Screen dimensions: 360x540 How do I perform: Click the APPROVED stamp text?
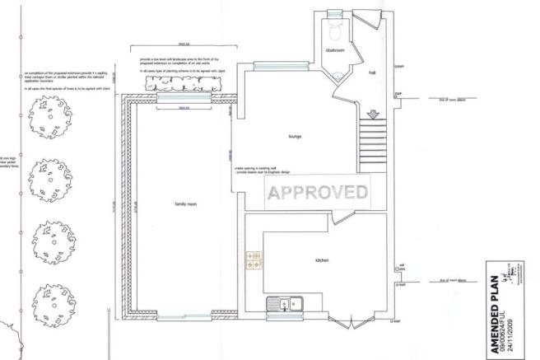tap(316, 194)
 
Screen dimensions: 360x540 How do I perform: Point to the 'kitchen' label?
tap(323, 260)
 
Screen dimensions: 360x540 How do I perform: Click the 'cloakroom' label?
tap(334, 50)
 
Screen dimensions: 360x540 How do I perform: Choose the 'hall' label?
tap(371, 72)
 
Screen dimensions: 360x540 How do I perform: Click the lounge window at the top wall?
tap(270, 63)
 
